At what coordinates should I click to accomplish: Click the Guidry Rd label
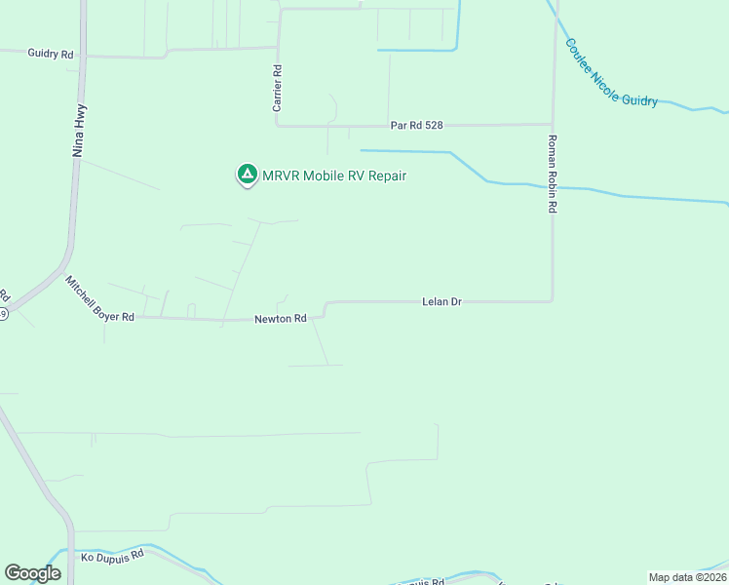(x=51, y=55)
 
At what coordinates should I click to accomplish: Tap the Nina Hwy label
(x=80, y=131)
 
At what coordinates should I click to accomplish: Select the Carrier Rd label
(x=278, y=88)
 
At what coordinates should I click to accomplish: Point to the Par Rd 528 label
(x=417, y=125)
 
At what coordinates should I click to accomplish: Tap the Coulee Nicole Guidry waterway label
(x=611, y=73)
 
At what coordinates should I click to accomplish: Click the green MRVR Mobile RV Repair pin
(x=248, y=175)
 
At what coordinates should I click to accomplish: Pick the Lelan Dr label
(x=441, y=302)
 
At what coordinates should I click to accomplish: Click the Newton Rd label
(x=281, y=319)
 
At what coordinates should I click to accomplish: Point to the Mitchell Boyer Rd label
(x=99, y=297)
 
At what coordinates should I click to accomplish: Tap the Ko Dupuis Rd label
(x=112, y=555)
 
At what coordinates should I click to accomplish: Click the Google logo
(x=32, y=573)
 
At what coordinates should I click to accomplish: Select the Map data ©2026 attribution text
(x=687, y=577)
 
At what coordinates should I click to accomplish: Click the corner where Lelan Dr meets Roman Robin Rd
(x=553, y=300)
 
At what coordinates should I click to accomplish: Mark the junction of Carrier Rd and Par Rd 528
(x=279, y=126)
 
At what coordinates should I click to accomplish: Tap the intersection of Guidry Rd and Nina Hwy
(x=83, y=56)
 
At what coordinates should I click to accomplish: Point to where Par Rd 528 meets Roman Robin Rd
(x=553, y=125)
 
